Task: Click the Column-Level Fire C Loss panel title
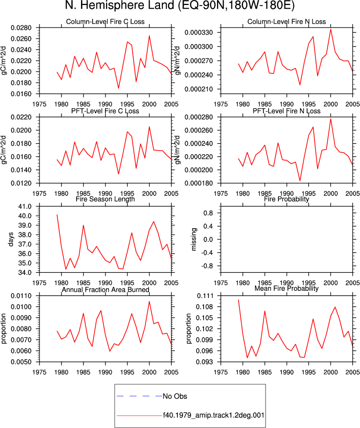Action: click(105, 22)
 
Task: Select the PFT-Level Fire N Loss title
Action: click(286, 111)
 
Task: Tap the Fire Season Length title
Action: click(105, 199)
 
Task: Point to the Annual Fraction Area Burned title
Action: click(105, 289)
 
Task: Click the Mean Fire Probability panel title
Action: click(286, 288)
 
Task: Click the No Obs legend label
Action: click(175, 396)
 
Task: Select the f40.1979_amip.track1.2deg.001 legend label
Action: click(213, 415)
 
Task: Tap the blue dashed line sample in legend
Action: click(139, 396)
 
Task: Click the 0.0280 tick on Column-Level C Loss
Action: click(21, 28)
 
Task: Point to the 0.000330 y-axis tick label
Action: click(198, 33)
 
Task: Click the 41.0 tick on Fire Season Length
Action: click(25, 206)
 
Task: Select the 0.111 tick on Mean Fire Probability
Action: click(205, 296)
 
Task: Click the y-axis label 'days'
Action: click(11, 239)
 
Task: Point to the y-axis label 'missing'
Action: click(193, 239)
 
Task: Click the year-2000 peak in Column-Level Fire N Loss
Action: click(330, 30)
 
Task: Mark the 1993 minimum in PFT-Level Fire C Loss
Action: click(118, 174)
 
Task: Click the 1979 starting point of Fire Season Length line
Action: click(57, 215)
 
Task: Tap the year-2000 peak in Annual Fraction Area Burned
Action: click(149, 301)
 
